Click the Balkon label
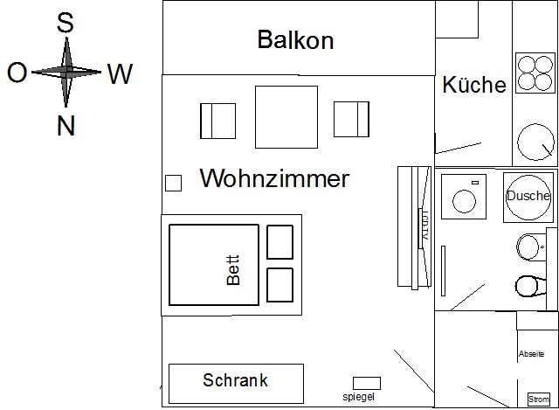pyautogui.click(x=295, y=40)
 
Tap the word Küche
pyautogui.click(x=474, y=85)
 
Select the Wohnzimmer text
pyautogui.click(x=274, y=179)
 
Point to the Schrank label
pyautogui.click(x=235, y=380)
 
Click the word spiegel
pyautogui.click(x=359, y=397)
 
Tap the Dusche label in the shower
pyautogui.click(x=528, y=196)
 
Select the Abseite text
pyautogui.click(x=531, y=354)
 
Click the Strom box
pyautogui.click(x=539, y=399)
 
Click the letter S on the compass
pyautogui.click(x=65, y=24)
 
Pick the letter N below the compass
pyautogui.click(x=66, y=127)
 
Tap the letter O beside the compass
pyautogui.click(x=17, y=73)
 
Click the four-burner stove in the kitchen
pyautogui.click(x=535, y=73)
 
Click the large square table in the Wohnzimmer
pyautogui.click(x=286, y=118)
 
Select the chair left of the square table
pyautogui.click(x=217, y=120)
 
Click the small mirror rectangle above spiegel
pyautogui.click(x=366, y=383)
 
